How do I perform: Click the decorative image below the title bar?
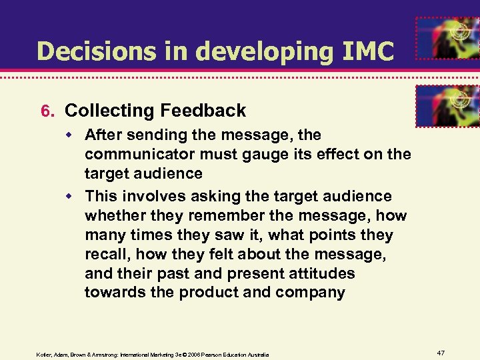(447, 106)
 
